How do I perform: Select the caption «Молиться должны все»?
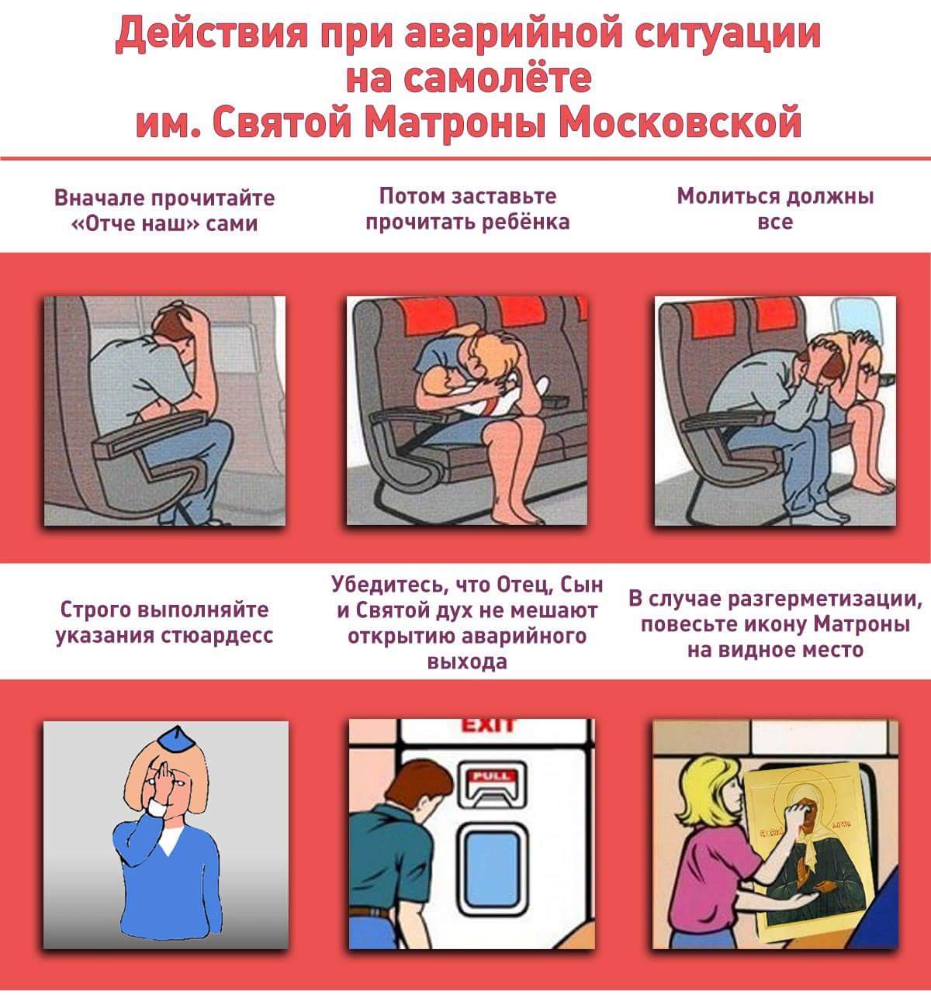(775, 209)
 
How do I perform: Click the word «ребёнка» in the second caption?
(526, 222)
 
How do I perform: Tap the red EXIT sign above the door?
(487, 725)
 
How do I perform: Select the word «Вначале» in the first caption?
(99, 198)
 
